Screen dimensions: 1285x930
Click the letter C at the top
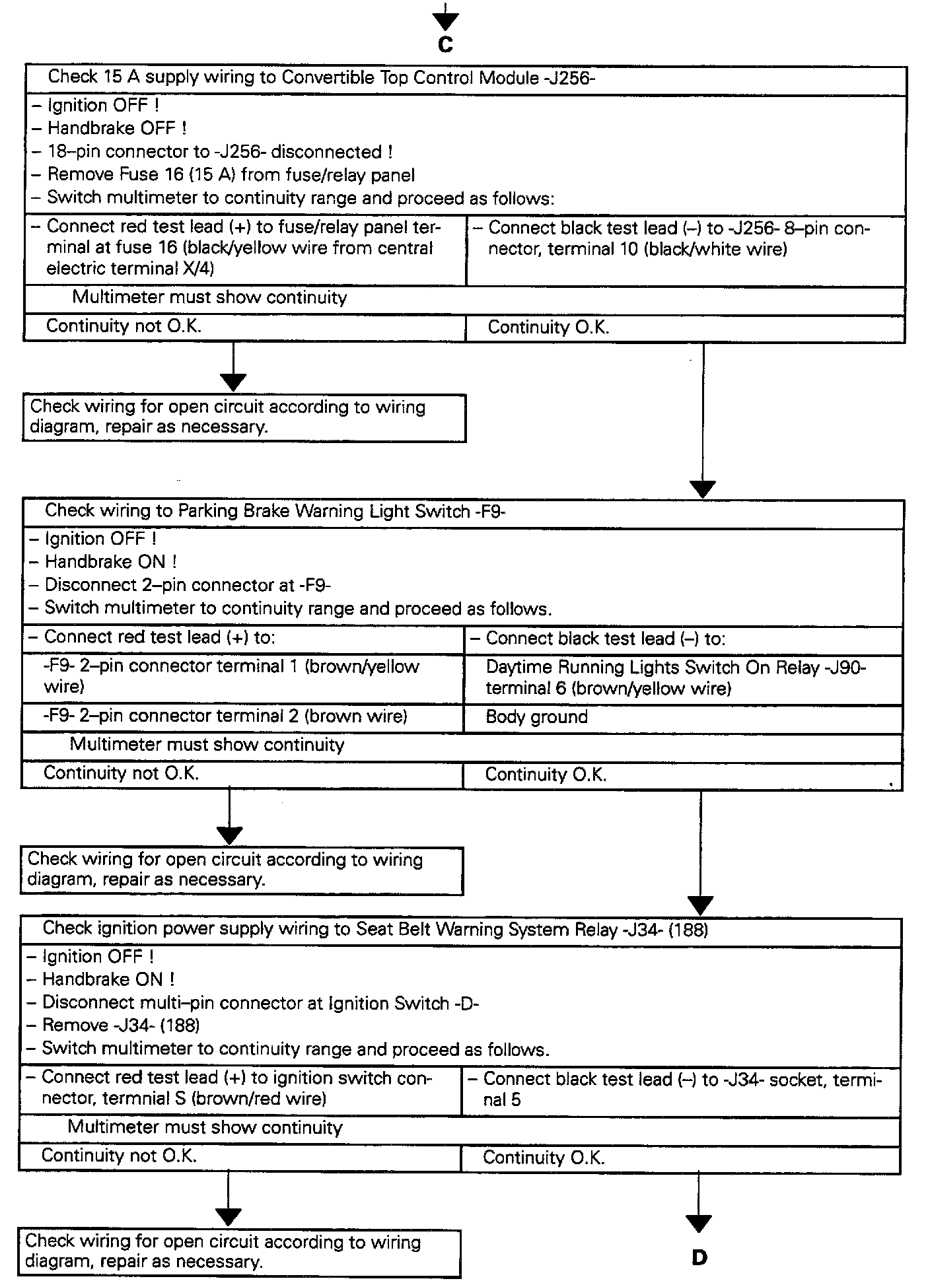pos(446,45)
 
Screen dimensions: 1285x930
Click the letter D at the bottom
pos(699,1258)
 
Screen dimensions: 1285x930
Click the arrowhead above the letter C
pos(446,22)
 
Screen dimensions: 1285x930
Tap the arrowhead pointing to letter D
pos(699,1224)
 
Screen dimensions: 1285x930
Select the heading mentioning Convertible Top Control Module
pos(322,78)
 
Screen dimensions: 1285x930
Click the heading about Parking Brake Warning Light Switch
pos(275,511)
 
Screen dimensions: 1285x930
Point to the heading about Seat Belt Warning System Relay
pos(375,930)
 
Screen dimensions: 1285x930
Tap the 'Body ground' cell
pos(536,717)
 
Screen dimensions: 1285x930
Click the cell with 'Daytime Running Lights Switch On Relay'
pos(675,678)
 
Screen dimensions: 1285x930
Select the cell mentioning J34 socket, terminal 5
pos(680,1090)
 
